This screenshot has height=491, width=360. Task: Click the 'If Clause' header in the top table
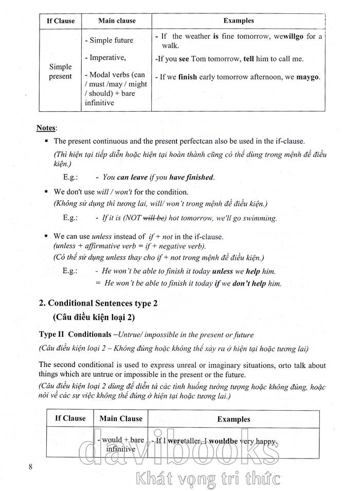60,21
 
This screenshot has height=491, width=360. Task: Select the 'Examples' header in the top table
239,21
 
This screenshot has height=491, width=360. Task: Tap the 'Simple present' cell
60,72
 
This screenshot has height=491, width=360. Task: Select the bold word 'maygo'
308,77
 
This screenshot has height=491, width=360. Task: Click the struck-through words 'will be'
153,218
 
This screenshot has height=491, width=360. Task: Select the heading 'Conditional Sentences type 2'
99,303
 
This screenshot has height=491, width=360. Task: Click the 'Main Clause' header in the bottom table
121,418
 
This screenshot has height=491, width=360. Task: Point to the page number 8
31,467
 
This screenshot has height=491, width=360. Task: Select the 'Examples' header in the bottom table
233,419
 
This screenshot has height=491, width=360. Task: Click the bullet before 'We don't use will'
46,191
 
